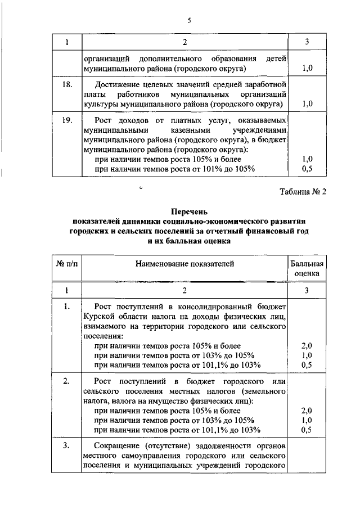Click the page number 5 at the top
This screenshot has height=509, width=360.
[x=190, y=21]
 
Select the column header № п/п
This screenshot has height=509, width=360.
[x=66, y=263]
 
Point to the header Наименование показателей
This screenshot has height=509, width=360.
[x=184, y=263]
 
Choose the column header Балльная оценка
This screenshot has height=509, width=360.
[x=307, y=268]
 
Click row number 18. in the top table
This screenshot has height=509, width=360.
[x=66, y=84]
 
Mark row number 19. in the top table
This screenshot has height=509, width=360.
[x=66, y=120]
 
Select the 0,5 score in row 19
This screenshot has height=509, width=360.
[x=307, y=168]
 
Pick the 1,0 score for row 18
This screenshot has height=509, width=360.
[x=307, y=103]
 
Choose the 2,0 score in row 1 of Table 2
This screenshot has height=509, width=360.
[x=307, y=345]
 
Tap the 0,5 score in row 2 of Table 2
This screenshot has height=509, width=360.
[x=307, y=430]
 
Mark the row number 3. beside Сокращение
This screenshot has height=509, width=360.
[x=66, y=446]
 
